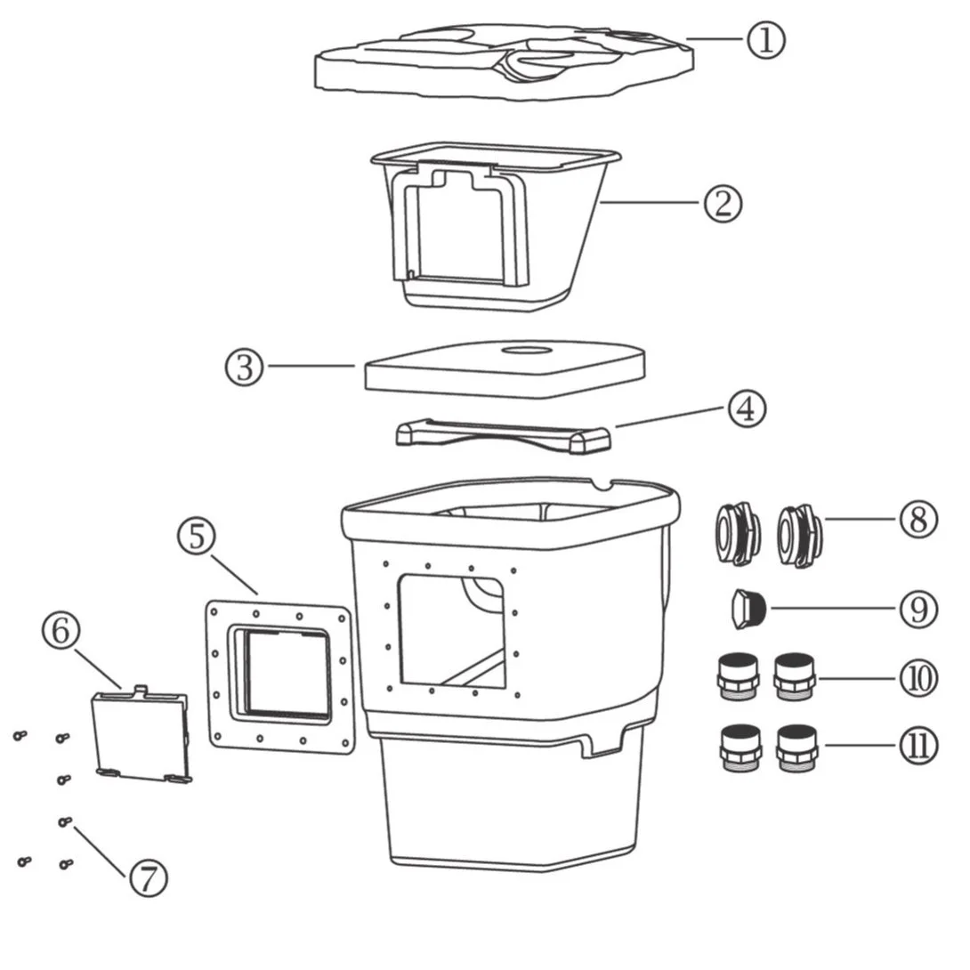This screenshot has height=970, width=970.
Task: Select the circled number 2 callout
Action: (x=722, y=203)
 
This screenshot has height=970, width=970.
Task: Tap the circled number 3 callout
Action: (x=245, y=367)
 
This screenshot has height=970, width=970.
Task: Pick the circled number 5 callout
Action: (x=196, y=537)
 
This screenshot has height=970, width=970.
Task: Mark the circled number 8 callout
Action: (x=917, y=520)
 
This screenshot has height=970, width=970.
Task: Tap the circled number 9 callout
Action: (x=917, y=610)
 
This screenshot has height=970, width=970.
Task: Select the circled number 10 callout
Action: (x=917, y=679)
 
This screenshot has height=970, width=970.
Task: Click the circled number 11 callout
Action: (x=917, y=746)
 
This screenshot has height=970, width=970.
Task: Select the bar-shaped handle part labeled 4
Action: (x=503, y=434)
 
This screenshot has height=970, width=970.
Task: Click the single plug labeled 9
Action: (x=745, y=609)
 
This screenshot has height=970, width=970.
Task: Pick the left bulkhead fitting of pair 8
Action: (x=737, y=534)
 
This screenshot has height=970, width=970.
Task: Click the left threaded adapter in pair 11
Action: (x=740, y=748)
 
